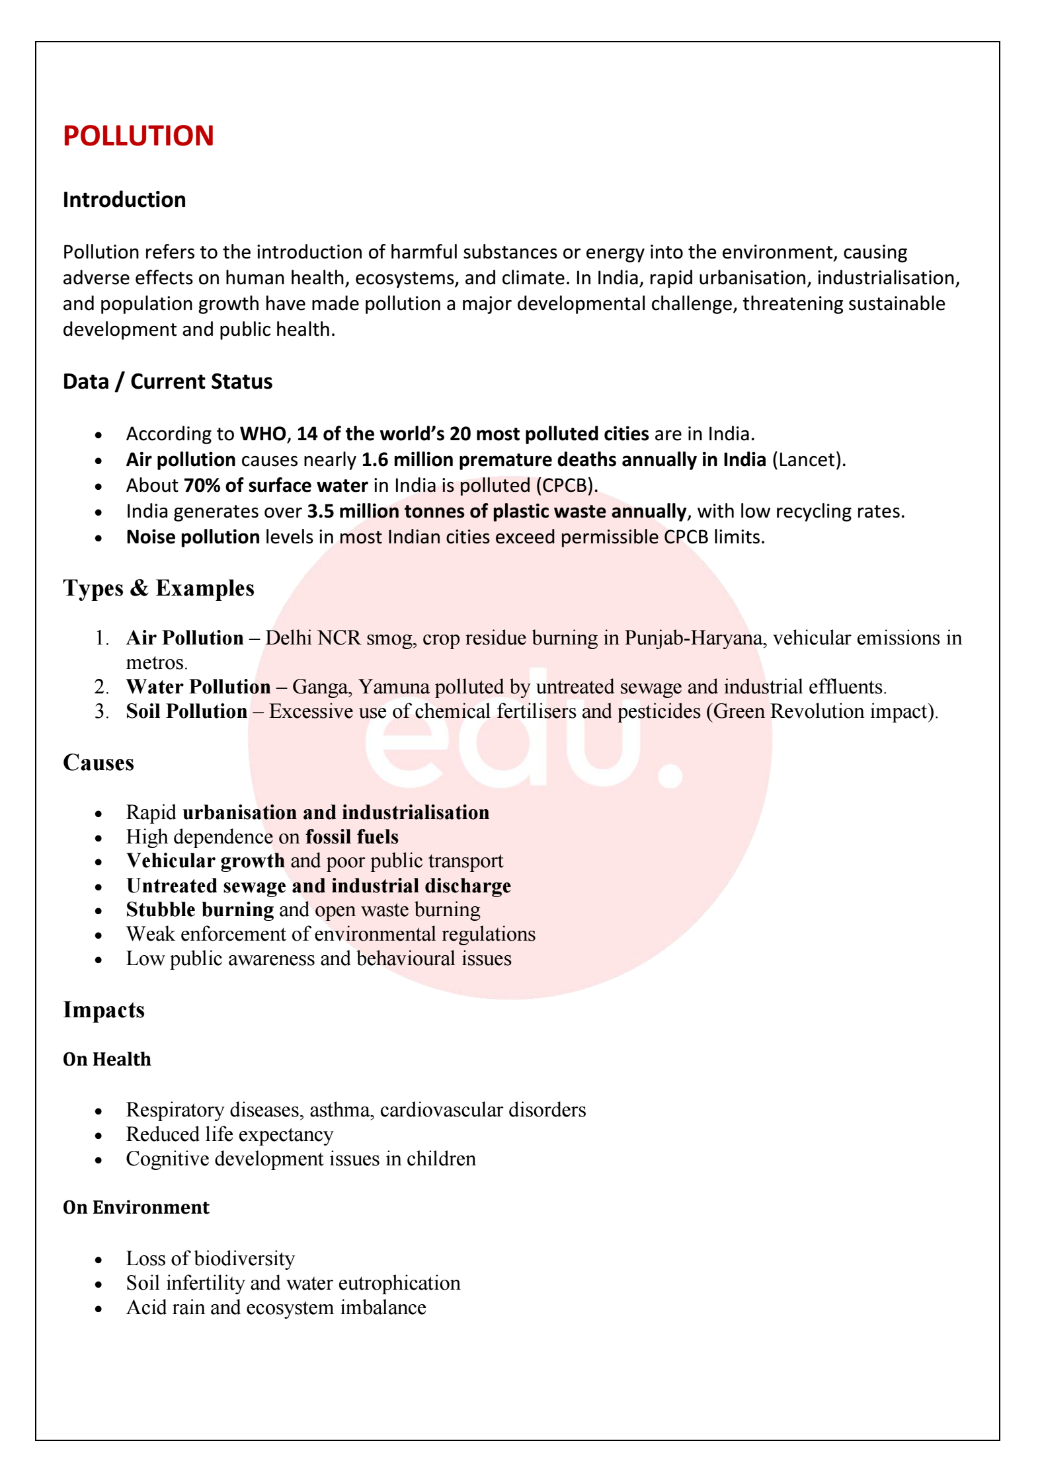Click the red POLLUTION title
pyautogui.click(x=138, y=136)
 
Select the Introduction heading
pyautogui.click(x=124, y=200)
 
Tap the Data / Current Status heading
pyautogui.click(x=167, y=381)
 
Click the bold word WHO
pyautogui.click(x=262, y=434)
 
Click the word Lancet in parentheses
pyautogui.click(x=807, y=460)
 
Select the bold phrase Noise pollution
pyautogui.click(x=193, y=537)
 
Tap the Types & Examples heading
pyautogui.click(x=159, y=588)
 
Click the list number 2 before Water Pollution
pyautogui.click(x=101, y=687)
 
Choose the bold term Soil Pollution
pyautogui.click(x=186, y=711)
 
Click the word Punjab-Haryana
pyautogui.click(x=693, y=638)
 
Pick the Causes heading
pyautogui.click(x=99, y=763)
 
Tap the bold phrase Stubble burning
pyautogui.click(x=200, y=910)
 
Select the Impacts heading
pyautogui.click(x=104, y=1010)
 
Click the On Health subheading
pyautogui.click(x=107, y=1060)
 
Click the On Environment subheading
pyautogui.click(x=136, y=1208)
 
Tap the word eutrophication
pyautogui.click(x=408, y=1283)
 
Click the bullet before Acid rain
pyautogui.click(x=99, y=1309)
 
